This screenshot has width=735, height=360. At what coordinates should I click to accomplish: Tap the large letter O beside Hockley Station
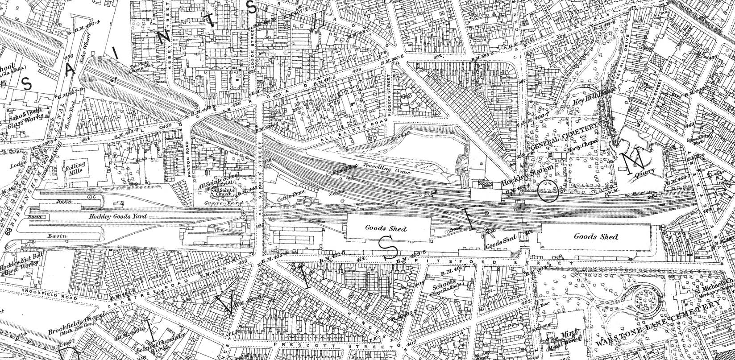(548, 192)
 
